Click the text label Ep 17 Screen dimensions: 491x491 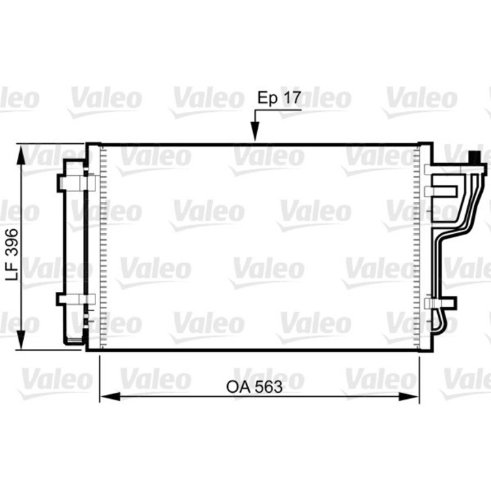point(279,98)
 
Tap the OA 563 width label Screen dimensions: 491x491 point(254,387)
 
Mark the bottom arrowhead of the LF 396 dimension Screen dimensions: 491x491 point(23,339)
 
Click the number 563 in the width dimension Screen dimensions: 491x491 point(269,387)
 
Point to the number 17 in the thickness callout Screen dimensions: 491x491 point(291,98)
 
